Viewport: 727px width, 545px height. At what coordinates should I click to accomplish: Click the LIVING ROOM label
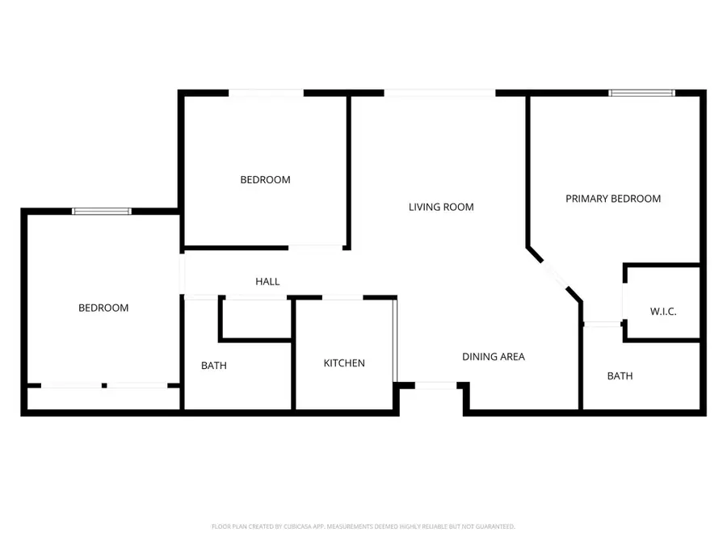pos(440,207)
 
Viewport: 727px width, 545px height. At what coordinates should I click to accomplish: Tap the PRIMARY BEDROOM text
pos(612,199)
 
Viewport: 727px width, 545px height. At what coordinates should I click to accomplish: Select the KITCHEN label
pos(344,363)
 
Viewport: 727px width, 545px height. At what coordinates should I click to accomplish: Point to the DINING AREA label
pos(493,356)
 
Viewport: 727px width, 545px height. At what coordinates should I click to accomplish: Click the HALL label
pos(267,282)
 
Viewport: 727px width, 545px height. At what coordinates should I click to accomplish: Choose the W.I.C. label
pos(662,312)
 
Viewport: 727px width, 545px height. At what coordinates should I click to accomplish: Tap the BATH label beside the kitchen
pos(213,366)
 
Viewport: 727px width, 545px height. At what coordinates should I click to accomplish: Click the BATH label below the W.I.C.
pos(620,376)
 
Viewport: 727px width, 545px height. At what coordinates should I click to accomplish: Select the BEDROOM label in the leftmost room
pos(103,308)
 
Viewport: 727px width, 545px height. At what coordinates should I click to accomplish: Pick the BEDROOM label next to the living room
pos(265,180)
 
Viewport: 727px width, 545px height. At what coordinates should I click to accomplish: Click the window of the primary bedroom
pos(641,94)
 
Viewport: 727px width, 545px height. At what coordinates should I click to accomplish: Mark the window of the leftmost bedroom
pos(101,212)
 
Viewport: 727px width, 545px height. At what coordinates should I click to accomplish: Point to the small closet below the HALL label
pos(255,319)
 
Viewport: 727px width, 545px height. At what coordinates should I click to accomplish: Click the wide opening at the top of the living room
pos(439,94)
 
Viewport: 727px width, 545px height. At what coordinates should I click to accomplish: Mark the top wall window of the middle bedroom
pos(266,94)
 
